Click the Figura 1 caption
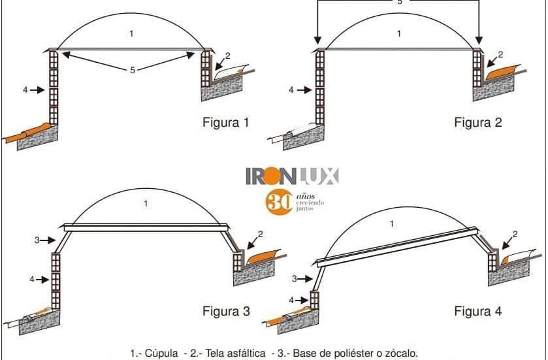coord(226,122)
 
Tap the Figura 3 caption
coord(226,310)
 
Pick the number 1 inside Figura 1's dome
coord(133,34)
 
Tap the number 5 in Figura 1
coord(133,70)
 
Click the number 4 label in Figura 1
coord(25,89)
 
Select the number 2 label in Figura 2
coord(500,54)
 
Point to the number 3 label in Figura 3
coord(38,240)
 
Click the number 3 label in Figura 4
coord(295,279)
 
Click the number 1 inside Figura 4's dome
coord(392,224)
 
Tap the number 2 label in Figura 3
coord(260,234)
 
